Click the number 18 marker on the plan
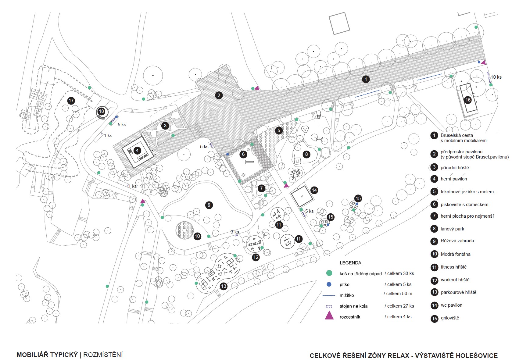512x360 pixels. point(102,112)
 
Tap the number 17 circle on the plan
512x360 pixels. point(71,101)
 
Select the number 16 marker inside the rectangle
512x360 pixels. point(468,100)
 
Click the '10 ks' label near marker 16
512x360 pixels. point(496,77)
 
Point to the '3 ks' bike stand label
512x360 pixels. point(235,232)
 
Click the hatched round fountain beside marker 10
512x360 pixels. point(184,230)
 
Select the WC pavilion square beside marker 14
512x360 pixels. point(302,196)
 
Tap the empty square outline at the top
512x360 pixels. point(339,23)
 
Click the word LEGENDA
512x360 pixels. point(350,263)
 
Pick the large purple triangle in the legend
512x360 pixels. point(329,315)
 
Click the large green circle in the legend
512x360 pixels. point(329,273)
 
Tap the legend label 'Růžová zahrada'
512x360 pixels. point(457,241)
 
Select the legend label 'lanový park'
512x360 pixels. point(452,229)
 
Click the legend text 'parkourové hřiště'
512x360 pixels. point(458,292)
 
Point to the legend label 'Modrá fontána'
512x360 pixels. point(455,254)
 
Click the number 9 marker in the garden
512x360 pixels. point(209,205)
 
